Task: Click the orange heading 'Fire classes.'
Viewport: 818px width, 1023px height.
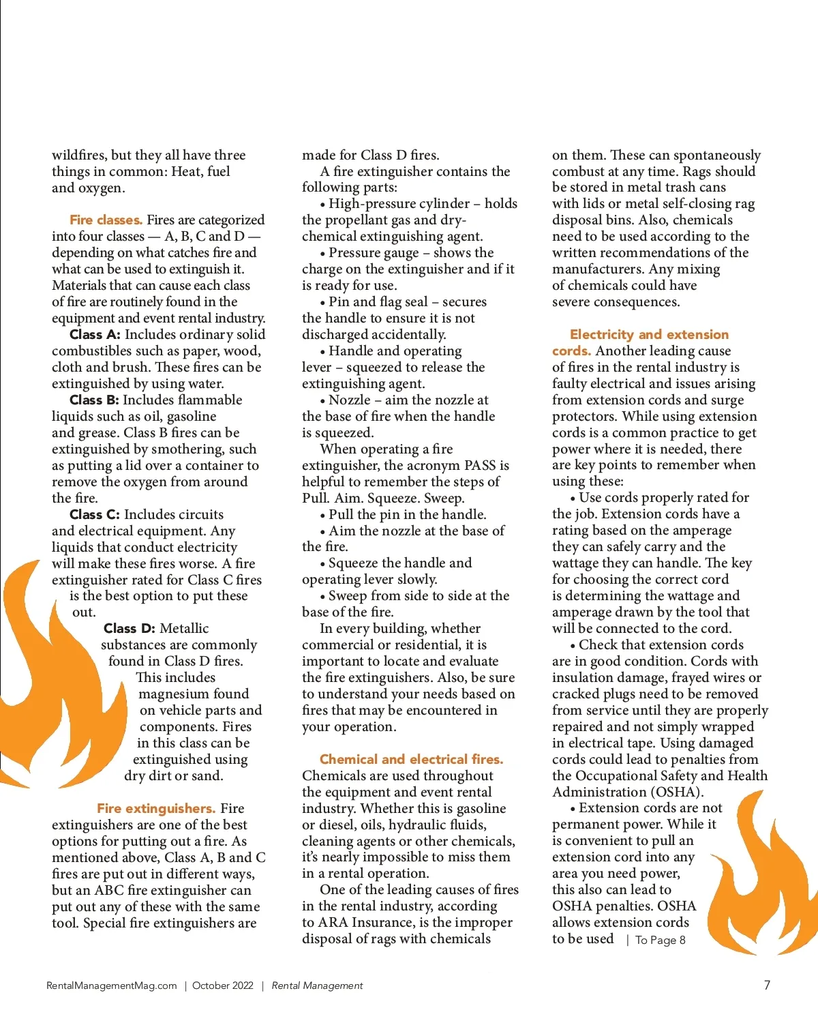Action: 106,220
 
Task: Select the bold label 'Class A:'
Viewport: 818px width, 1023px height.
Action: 95,334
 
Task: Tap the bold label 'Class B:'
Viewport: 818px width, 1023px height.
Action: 94,400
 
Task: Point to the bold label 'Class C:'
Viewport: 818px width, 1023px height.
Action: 95,514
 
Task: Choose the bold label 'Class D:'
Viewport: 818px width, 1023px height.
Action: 129,628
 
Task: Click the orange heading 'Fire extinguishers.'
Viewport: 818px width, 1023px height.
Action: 156,808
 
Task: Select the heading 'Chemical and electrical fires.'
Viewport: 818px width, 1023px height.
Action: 411,759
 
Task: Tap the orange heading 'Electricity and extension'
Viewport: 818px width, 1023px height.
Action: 649,334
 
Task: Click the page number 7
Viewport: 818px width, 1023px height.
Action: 767,985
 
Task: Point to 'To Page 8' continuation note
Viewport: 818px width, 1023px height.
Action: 660,940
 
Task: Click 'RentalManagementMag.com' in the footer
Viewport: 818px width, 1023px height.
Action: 111,985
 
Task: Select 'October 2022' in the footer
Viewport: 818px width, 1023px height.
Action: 223,985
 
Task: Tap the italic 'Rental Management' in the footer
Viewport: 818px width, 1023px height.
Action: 317,985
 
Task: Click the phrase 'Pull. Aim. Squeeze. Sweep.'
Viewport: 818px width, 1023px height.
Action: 383,498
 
